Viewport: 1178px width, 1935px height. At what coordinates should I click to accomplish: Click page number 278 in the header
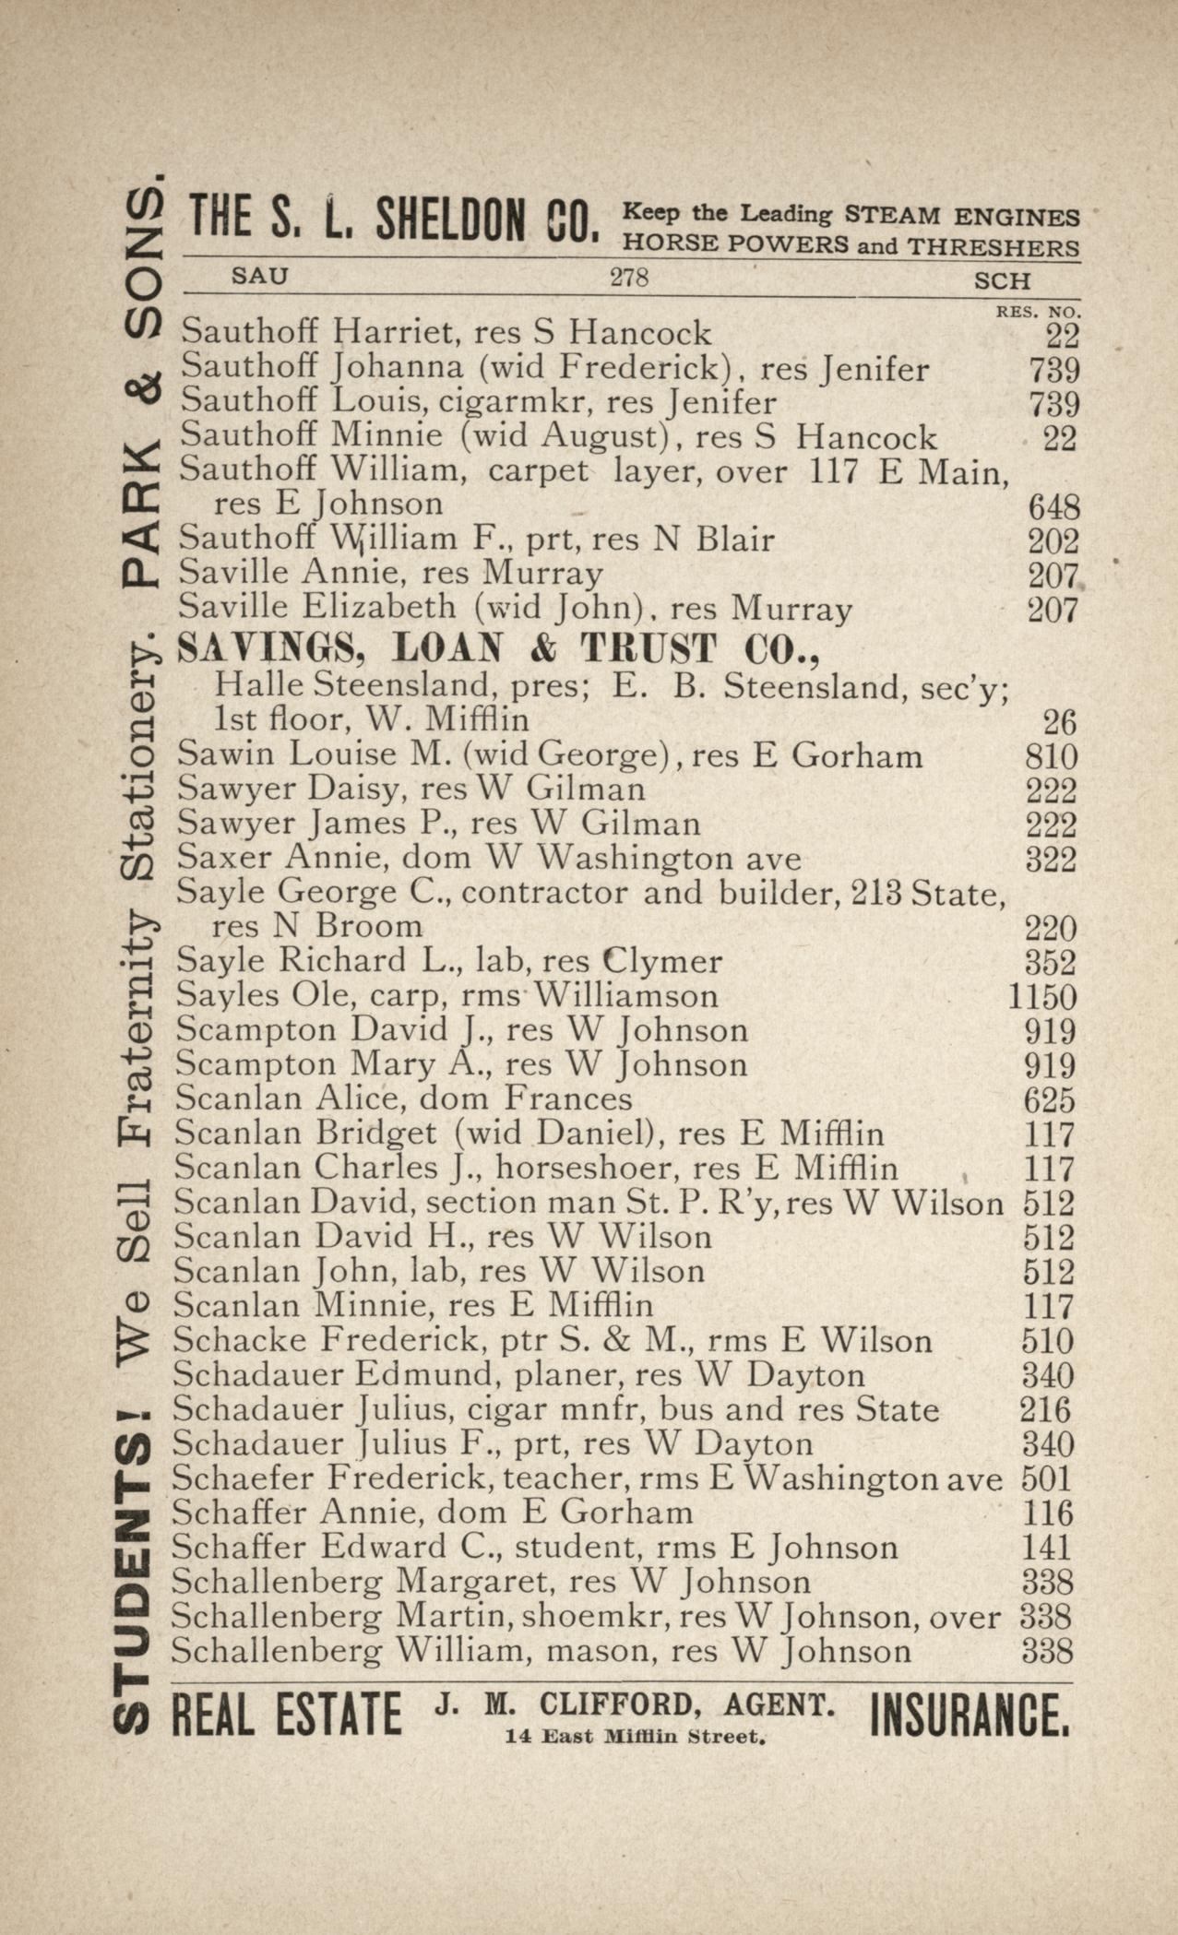(629, 277)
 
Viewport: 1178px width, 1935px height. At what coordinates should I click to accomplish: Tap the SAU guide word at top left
(259, 275)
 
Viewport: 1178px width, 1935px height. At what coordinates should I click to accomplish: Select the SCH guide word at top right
(1002, 280)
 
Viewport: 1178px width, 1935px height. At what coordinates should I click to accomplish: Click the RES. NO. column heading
(1038, 313)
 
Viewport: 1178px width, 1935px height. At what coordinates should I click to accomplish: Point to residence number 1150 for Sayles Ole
(1041, 997)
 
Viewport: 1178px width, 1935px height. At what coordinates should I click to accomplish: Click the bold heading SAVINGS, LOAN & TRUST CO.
(499, 649)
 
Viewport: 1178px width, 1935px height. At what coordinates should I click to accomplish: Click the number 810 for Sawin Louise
(1051, 757)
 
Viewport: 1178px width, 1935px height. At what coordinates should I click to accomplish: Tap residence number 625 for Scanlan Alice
(1050, 1099)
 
